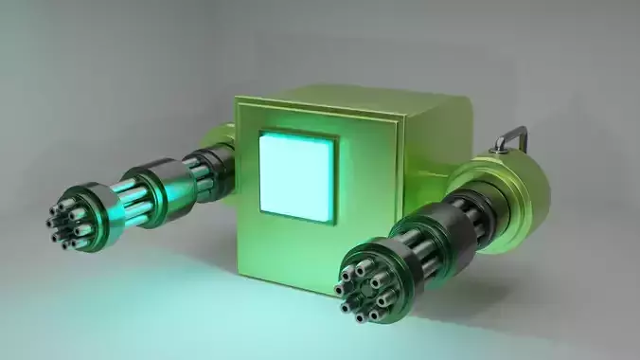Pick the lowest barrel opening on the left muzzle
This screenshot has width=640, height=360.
pyautogui.click(x=68, y=242)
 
